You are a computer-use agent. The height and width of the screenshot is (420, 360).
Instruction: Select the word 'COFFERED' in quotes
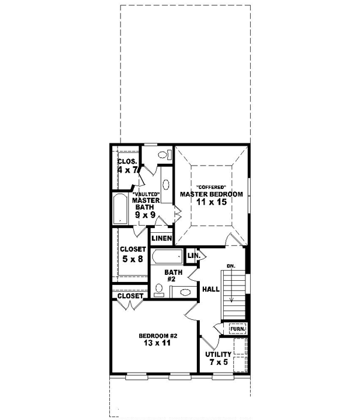tap(211, 186)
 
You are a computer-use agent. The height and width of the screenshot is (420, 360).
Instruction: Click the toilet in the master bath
tap(163, 154)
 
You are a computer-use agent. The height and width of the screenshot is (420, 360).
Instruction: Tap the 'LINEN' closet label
tap(162, 238)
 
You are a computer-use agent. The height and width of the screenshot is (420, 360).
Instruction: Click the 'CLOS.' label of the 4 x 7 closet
tap(127, 162)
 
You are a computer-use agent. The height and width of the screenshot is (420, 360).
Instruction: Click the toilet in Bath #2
tap(158, 291)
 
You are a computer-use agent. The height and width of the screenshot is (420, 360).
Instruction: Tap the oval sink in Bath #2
tap(185, 292)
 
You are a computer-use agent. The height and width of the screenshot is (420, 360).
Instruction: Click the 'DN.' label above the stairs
tap(231, 266)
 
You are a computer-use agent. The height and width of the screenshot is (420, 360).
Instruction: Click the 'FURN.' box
tap(237, 329)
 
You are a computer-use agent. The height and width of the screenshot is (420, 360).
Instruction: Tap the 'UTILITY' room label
tap(218, 355)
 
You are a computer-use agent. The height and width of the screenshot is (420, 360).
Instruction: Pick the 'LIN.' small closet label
tap(193, 256)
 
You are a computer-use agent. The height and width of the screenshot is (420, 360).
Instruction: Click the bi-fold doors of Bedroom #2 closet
tap(129, 305)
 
